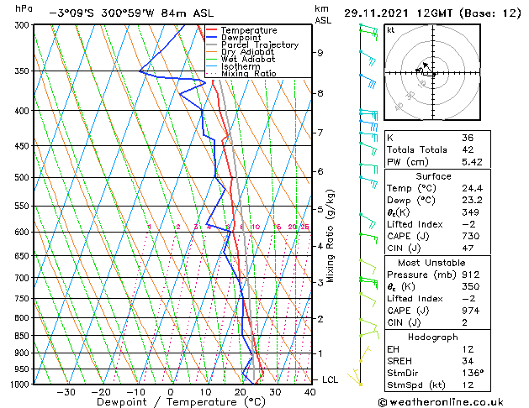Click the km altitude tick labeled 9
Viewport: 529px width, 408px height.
pos(320,53)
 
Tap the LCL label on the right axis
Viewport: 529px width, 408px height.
pos(331,379)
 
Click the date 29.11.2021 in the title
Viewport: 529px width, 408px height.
pos(376,13)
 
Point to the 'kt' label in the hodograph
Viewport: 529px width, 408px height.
pos(390,29)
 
